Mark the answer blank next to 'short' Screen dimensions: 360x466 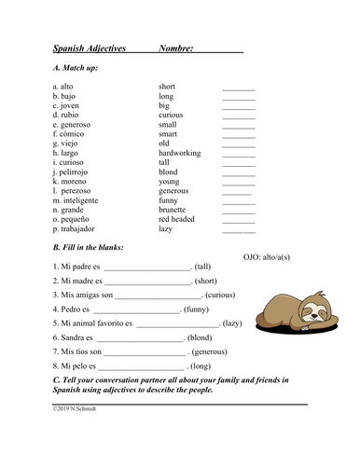[238, 88]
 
